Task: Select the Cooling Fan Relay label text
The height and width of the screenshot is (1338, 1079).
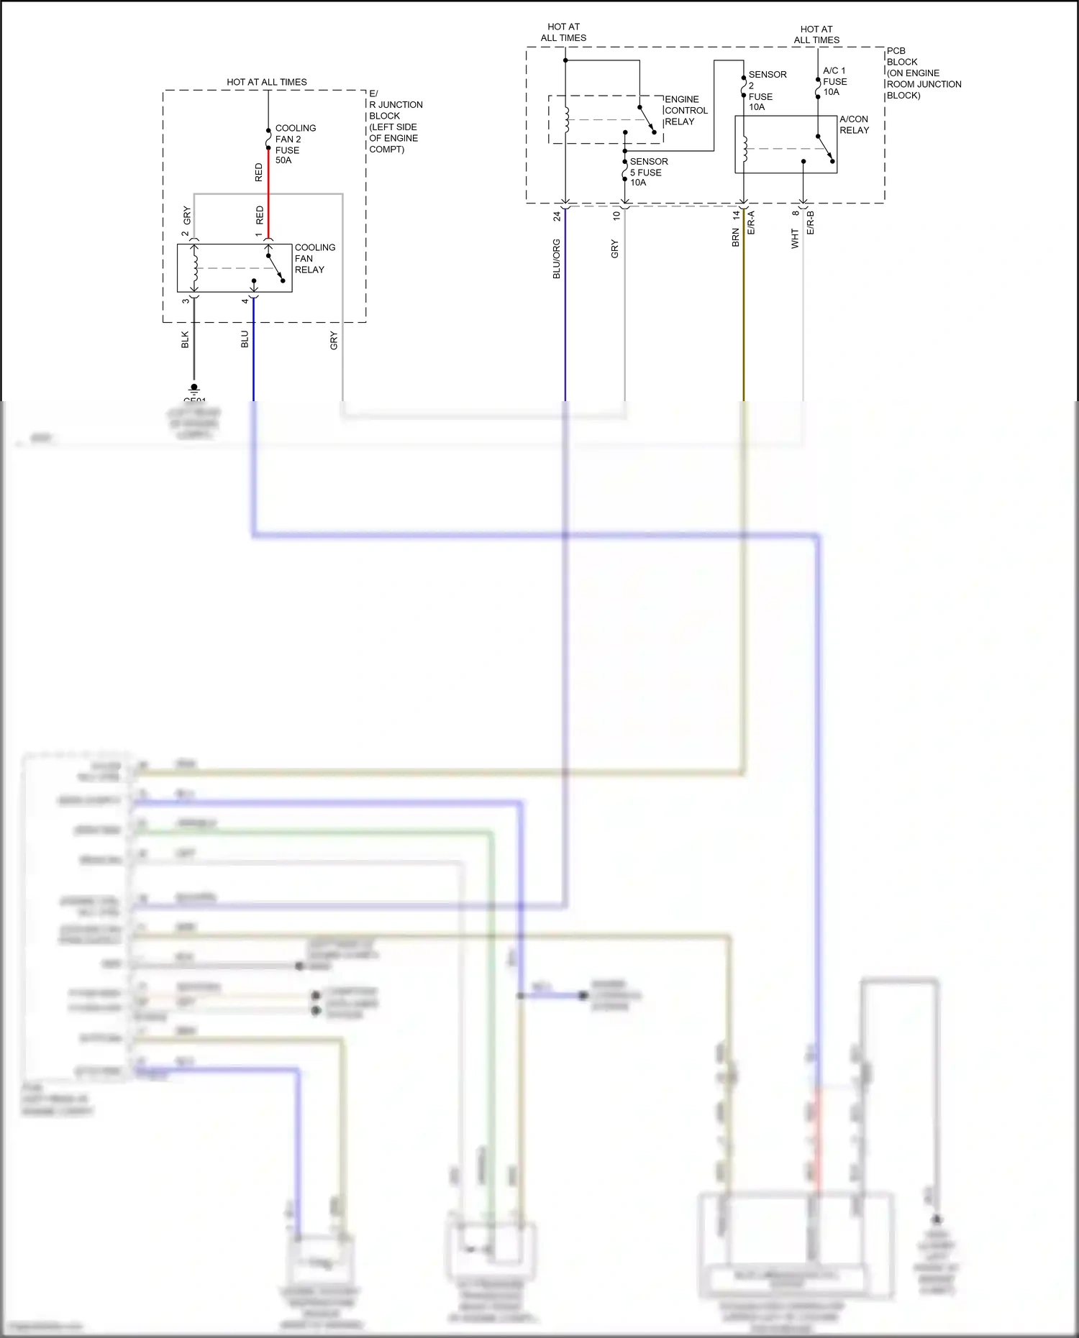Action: click(x=314, y=258)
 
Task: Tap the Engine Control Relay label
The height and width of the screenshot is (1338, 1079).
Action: click(x=685, y=110)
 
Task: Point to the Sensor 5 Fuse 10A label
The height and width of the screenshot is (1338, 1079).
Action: click(x=647, y=172)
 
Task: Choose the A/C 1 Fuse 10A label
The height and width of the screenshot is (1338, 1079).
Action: click(x=834, y=81)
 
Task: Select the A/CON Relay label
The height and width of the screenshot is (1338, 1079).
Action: click(x=854, y=124)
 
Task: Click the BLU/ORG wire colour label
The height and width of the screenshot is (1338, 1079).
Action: click(x=556, y=259)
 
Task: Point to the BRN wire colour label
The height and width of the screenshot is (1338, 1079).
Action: click(x=735, y=237)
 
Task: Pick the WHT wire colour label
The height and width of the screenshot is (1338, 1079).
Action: click(x=795, y=239)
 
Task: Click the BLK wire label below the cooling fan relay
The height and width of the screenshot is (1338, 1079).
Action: click(x=185, y=339)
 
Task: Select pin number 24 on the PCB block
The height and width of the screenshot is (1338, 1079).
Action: click(x=556, y=216)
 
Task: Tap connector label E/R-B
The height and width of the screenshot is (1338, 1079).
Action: click(x=811, y=222)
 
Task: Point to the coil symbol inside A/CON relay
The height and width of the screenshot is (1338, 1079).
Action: click(x=745, y=149)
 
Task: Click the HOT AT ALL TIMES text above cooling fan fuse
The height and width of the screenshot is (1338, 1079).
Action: click(x=266, y=82)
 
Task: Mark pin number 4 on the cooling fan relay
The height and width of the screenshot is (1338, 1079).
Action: click(x=245, y=301)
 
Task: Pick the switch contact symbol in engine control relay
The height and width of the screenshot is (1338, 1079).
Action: click(x=646, y=119)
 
